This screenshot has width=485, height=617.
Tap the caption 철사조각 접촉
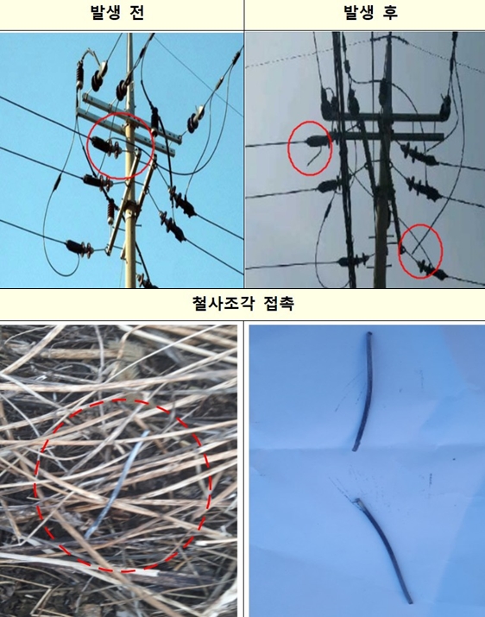242,304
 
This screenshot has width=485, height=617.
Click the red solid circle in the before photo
121,146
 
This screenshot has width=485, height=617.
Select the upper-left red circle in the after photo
309,144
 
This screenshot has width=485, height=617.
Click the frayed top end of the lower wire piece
357,502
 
